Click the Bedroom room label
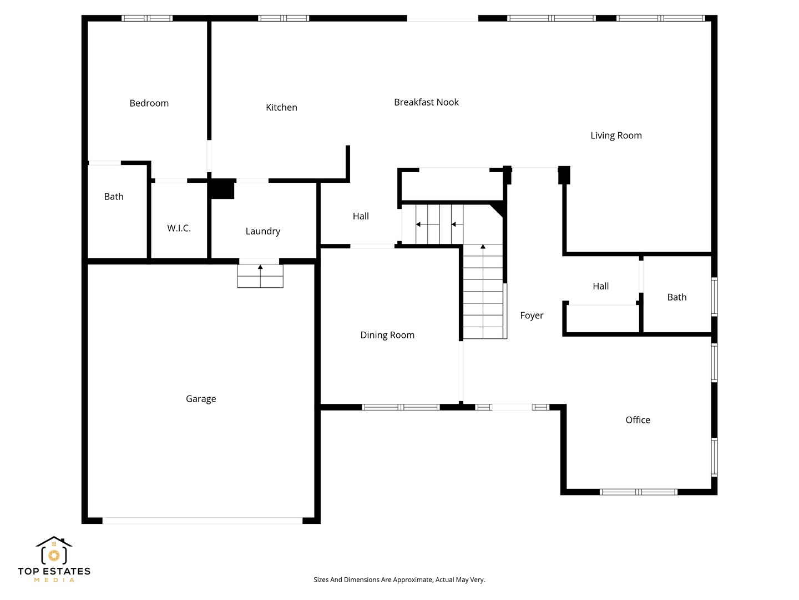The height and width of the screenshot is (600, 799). pos(149,103)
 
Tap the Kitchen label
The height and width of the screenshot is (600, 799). pos(281,107)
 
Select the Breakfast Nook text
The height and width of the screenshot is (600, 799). pos(426,102)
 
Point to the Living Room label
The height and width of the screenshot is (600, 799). pos(616,136)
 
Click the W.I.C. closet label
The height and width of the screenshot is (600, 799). pos(179,228)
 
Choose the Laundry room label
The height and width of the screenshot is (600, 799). pos(263,231)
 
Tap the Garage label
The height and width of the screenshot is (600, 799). pos(201,399)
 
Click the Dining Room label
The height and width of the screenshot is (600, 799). pos(387,335)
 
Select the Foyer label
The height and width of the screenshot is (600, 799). pos(532,316)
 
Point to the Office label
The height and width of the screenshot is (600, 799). pos(638,420)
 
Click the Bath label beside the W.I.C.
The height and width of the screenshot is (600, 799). pos(114,197)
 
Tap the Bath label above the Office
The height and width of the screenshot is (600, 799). pos(677,297)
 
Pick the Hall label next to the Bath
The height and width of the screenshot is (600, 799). pos(600,286)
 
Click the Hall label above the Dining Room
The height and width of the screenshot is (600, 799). pos(361,217)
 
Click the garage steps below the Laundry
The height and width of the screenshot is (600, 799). pos(260,276)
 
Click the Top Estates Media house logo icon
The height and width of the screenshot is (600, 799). pos(54,550)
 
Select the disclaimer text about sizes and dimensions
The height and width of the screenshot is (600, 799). pos(399,579)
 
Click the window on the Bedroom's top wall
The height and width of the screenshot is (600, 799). pos(146,18)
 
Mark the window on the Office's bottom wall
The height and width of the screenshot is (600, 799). pos(639,492)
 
